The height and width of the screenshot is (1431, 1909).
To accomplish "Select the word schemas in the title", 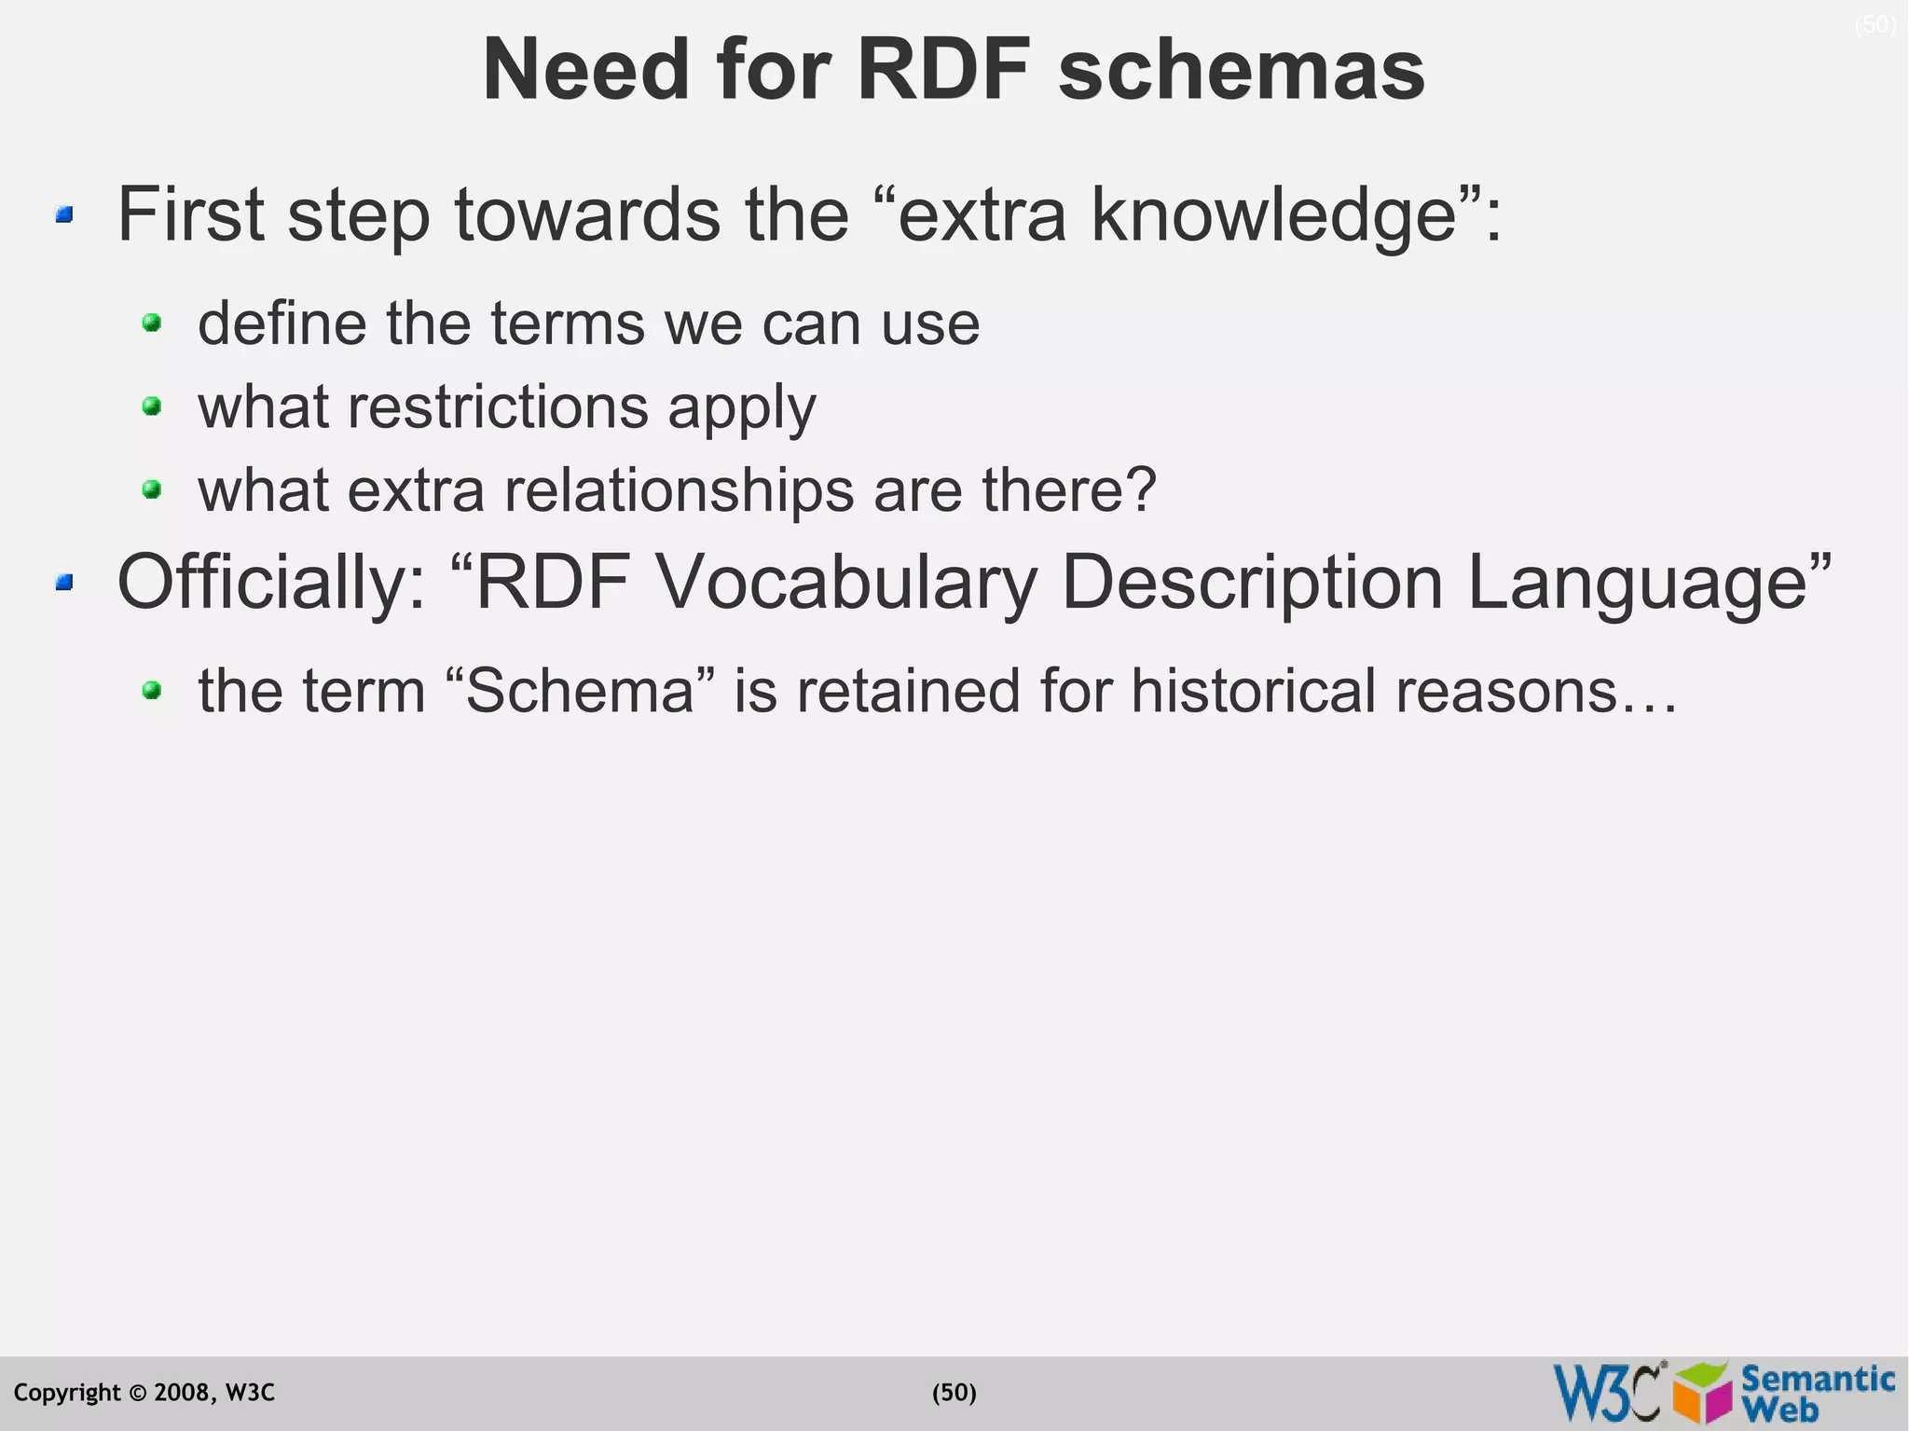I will (x=1242, y=71).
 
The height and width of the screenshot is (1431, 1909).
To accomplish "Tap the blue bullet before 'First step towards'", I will (x=64, y=215).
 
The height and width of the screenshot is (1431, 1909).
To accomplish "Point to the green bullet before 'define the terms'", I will (x=152, y=323).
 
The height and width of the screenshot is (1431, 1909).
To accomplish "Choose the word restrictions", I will (x=498, y=407).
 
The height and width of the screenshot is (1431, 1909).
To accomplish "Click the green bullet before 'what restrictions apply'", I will (x=152, y=406).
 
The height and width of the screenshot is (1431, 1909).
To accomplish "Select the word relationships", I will (x=679, y=490).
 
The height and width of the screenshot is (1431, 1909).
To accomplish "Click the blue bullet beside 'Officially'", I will (x=64, y=583).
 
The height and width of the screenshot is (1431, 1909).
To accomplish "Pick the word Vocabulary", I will (x=846, y=583).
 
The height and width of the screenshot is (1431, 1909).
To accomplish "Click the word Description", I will (x=1253, y=583).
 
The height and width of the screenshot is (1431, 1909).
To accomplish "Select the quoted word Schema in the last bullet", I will (x=580, y=691).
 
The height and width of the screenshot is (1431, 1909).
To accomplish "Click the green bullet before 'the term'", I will (x=152, y=691).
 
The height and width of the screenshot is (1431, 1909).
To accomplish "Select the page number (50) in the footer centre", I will (x=954, y=1393).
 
